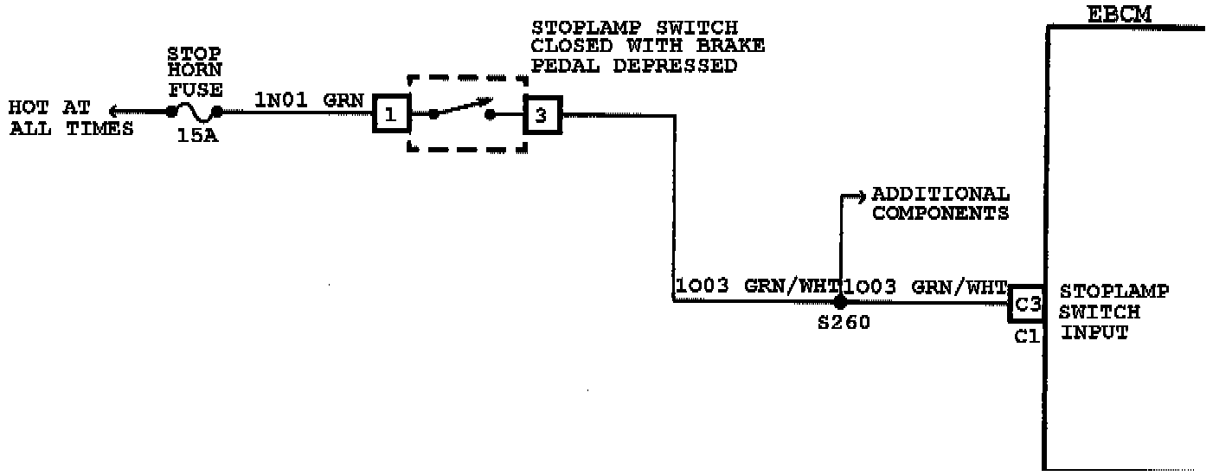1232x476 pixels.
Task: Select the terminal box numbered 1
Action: pos(390,114)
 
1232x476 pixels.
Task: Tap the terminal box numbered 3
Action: pos(542,114)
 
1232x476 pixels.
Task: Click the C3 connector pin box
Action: pos(1027,302)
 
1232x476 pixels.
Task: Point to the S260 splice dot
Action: pos(839,302)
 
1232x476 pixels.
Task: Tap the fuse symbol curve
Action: pos(195,111)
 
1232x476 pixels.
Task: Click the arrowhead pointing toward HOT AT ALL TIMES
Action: pos(115,111)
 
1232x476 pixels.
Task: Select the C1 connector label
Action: pos(1026,335)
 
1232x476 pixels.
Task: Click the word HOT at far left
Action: pos(30,109)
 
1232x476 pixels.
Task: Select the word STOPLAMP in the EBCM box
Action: pos(1113,292)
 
